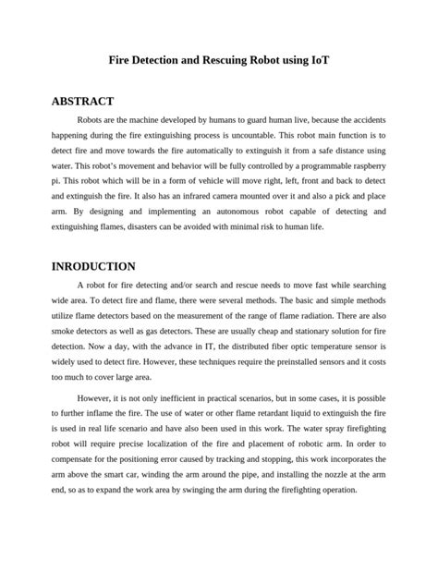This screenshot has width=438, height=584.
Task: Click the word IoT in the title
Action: (319, 59)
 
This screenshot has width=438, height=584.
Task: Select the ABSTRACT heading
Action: (82, 101)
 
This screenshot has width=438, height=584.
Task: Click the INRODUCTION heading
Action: (93, 266)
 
